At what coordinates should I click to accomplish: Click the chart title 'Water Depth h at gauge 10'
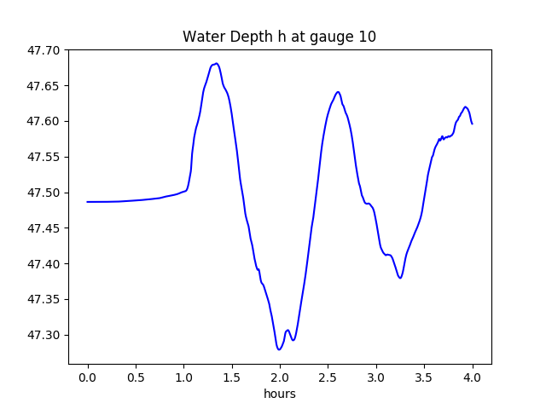pos(279,37)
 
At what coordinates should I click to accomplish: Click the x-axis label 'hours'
pos(279,394)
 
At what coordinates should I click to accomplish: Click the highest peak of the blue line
pos(217,63)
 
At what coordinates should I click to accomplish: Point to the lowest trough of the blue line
pos(279,349)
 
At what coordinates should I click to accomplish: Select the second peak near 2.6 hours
pos(338,92)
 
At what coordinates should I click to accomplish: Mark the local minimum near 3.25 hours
pos(399,278)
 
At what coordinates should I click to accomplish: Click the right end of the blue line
pos(472,124)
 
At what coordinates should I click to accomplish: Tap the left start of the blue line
pos(88,202)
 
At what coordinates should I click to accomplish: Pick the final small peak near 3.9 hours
pos(466,107)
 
